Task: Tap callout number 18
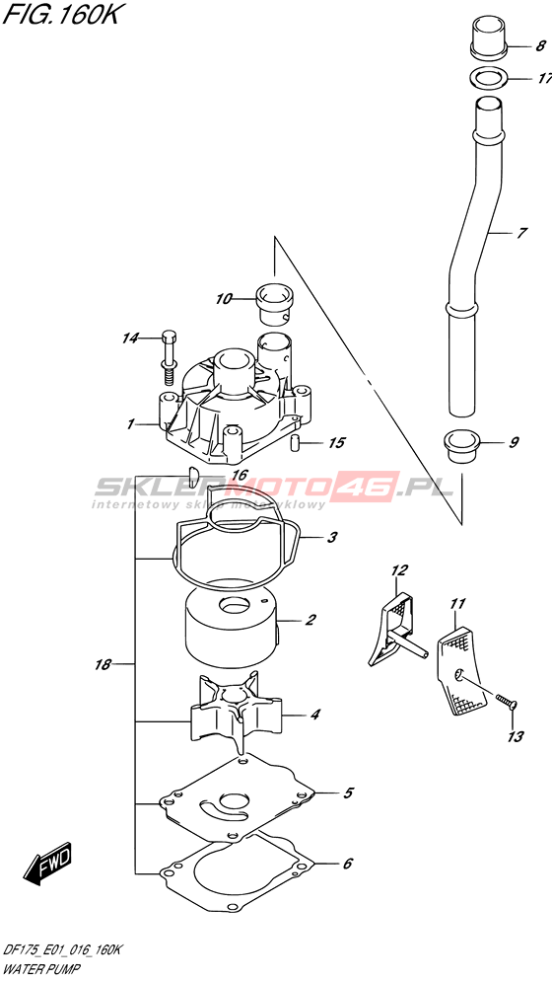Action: (x=103, y=664)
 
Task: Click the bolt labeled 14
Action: (x=169, y=355)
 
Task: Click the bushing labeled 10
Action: (x=274, y=303)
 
